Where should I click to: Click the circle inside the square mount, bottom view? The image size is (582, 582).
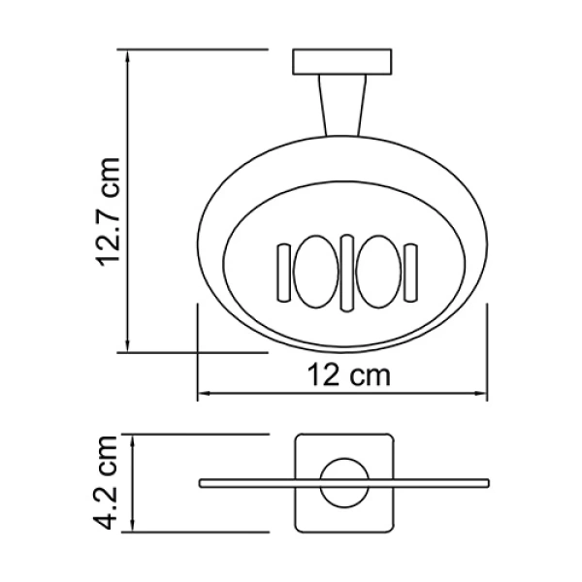pos(342,482)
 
